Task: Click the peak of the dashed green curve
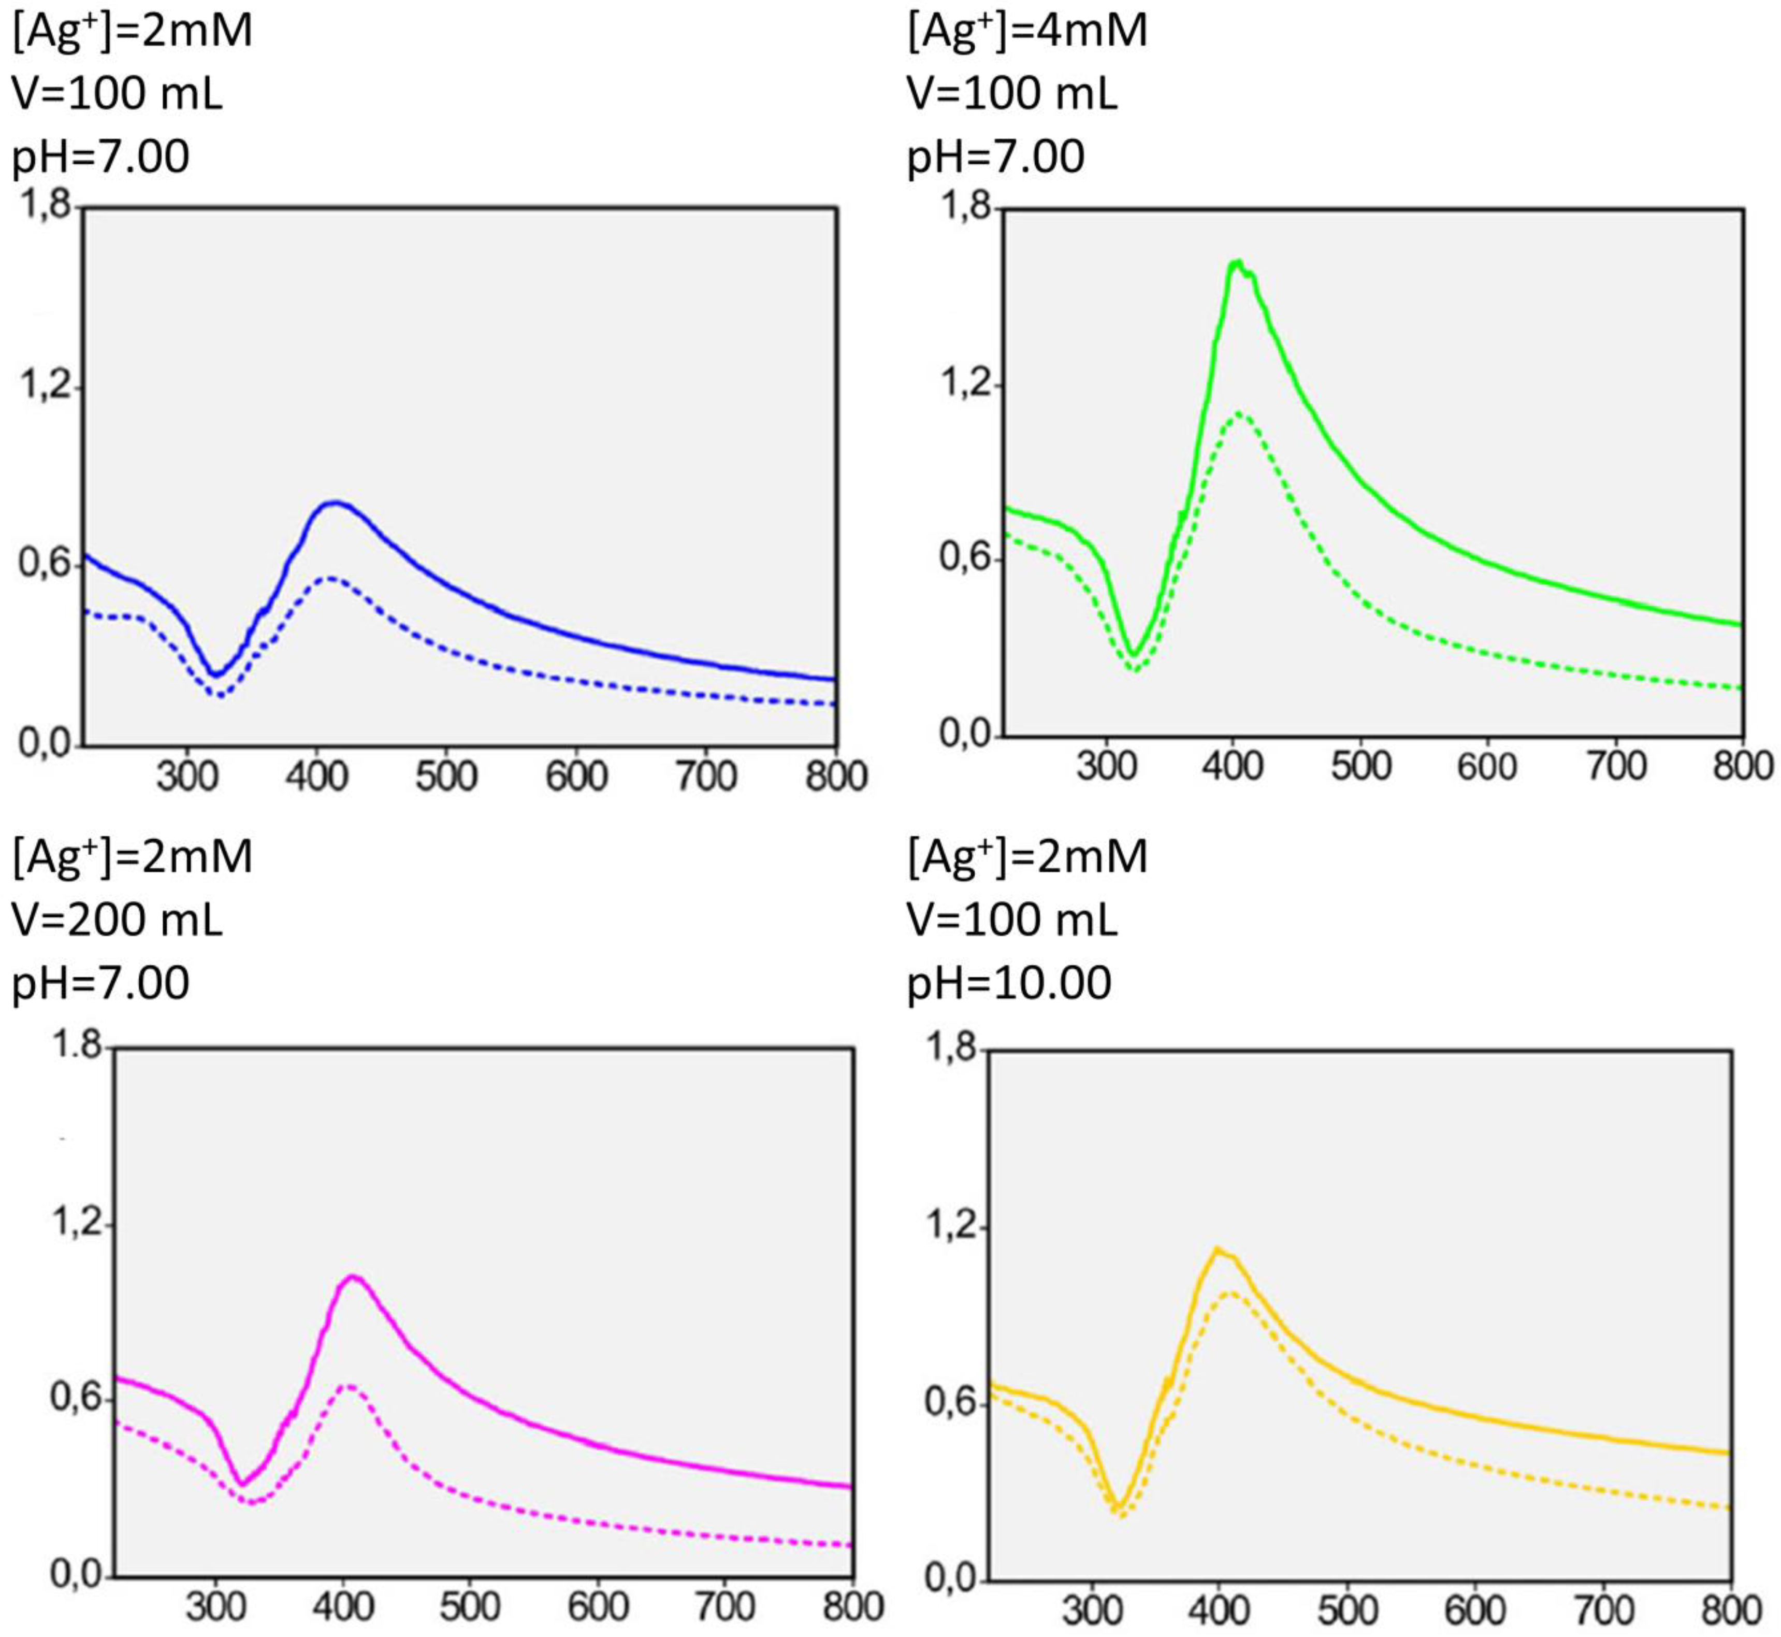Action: pos(1238,413)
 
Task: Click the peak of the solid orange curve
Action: pos(1218,1249)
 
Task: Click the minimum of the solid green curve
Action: pos(1133,655)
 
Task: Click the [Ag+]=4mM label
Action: pos(1027,31)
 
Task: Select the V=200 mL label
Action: pos(117,921)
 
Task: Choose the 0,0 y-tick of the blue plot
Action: pos(45,744)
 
